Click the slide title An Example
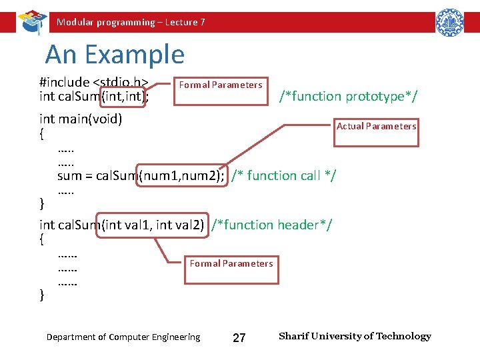[115, 55]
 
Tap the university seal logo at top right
[449, 22]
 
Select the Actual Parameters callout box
[377, 127]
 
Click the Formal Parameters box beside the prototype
[221, 85]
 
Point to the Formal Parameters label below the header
[231, 264]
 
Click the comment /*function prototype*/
[349, 97]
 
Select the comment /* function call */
[283, 176]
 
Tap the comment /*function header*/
[271, 225]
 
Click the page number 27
[239, 338]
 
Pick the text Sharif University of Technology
[355, 337]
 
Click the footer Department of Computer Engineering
[123, 337]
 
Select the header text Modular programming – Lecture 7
[131, 23]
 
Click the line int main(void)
[81, 120]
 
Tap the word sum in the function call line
[69, 176]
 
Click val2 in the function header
[189, 225]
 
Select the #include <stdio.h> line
[93, 83]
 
